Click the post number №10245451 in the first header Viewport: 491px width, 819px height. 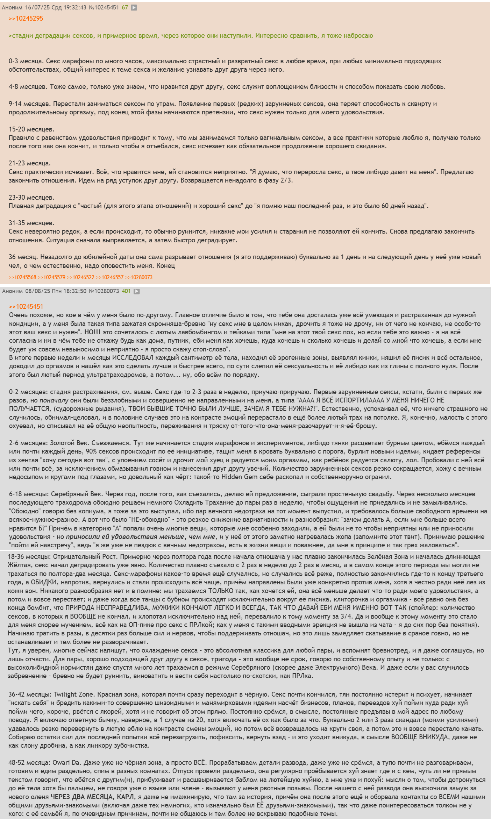point(104,7)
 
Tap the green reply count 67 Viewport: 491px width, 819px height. point(125,7)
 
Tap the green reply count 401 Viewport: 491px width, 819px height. point(126,291)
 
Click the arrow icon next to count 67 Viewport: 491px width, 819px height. point(134,7)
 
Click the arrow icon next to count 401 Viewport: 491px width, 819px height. point(137,291)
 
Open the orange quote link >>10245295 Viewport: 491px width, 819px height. point(26,19)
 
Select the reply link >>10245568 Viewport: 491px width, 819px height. point(22,277)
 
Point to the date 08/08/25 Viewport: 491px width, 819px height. point(37,291)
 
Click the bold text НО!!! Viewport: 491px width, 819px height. point(92,332)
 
